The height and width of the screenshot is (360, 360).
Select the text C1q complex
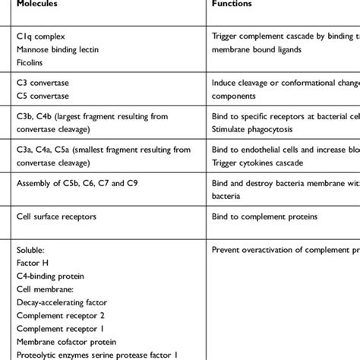39,36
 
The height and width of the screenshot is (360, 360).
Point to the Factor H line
33,261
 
